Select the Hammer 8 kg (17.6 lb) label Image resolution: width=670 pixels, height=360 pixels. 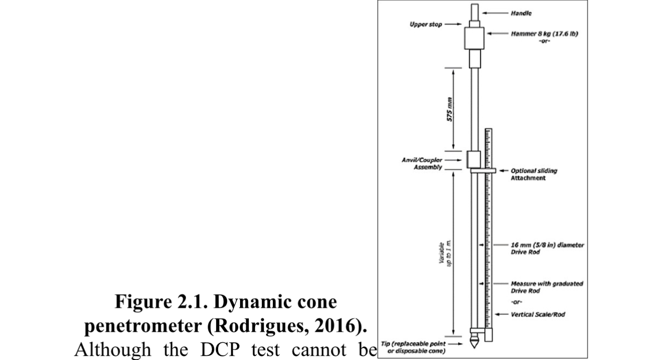544,33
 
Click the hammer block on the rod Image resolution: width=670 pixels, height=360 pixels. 475,38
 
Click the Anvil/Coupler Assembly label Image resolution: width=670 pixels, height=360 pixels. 421,163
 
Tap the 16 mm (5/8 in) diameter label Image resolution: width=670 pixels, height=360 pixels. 547,248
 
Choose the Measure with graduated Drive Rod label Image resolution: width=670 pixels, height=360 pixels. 546,287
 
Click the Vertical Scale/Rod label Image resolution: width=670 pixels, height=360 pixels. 537,315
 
